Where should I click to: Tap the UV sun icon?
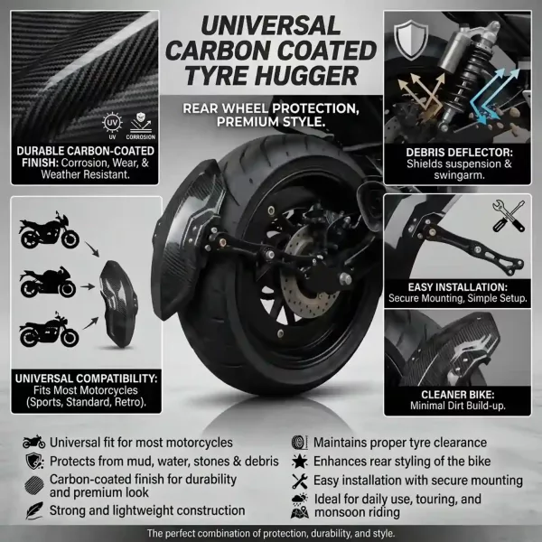pyautogui.click(x=112, y=123)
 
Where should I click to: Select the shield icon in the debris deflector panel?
pyautogui.click(x=411, y=40)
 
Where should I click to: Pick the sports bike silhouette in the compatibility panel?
pyautogui.click(x=48, y=282)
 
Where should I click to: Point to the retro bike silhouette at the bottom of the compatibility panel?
pyautogui.click(x=49, y=330)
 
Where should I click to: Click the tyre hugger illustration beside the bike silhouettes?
pyautogui.click(x=118, y=304)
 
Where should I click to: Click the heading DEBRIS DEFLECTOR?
pyautogui.click(x=460, y=153)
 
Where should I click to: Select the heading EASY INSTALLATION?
pyautogui.click(x=458, y=287)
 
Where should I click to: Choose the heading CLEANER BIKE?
pyautogui.click(x=458, y=395)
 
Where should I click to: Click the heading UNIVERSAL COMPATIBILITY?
pyautogui.click(x=86, y=378)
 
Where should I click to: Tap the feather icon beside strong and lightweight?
pyautogui.click(x=34, y=510)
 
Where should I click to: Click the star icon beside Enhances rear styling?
pyautogui.click(x=299, y=461)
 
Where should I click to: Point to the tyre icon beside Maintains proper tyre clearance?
pyautogui.click(x=299, y=443)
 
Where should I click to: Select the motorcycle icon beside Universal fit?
pyautogui.click(x=34, y=442)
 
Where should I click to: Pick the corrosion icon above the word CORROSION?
pyautogui.click(x=140, y=123)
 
